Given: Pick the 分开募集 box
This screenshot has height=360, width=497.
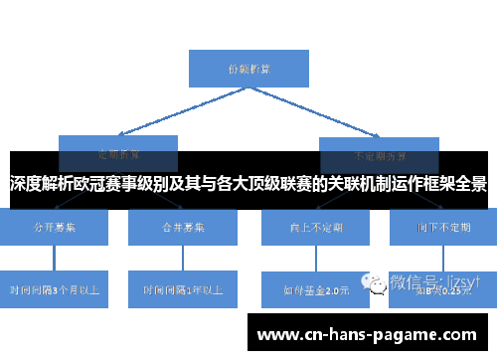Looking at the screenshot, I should coord(56,228).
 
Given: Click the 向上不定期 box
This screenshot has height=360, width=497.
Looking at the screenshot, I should coord(314,228).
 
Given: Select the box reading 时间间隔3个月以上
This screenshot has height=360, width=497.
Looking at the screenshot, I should coord(56,290).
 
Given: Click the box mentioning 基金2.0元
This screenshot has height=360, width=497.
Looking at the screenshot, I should coord(314,290).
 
